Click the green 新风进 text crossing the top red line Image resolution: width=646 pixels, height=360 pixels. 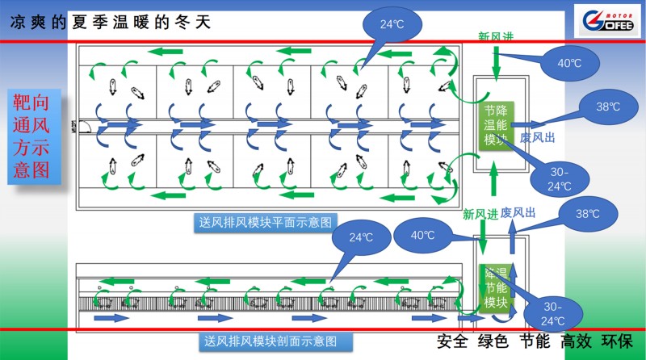[495, 36]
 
